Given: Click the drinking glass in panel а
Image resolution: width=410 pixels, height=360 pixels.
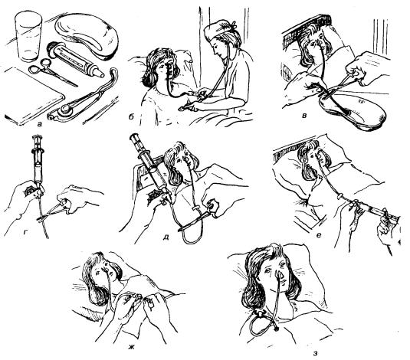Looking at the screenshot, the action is [x=28, y=37].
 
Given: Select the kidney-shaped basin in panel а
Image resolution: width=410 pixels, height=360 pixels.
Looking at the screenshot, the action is [x=87, y=36].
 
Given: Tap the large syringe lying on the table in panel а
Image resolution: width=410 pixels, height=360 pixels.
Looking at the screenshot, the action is [x=74, y=59].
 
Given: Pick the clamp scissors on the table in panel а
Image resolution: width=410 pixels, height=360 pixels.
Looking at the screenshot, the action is [x=51, y=72].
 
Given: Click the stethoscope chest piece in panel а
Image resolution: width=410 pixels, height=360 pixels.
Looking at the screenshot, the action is [x=64, y=110].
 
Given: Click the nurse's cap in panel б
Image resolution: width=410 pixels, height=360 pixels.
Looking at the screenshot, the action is [x=220, y=29].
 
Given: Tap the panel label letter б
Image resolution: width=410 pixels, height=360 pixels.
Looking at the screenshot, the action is [x=131, y=117].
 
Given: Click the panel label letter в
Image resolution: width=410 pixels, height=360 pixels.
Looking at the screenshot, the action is [x=303, y=116].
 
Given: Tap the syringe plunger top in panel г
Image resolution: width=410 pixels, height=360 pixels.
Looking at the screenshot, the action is [x=38, y=136].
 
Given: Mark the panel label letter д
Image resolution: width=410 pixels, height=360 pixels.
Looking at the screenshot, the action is [x=166, y=237].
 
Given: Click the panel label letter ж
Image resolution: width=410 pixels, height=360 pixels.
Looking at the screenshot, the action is [x=131, y=347].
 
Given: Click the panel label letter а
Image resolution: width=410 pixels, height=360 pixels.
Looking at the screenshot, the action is [x=40, y=124].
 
